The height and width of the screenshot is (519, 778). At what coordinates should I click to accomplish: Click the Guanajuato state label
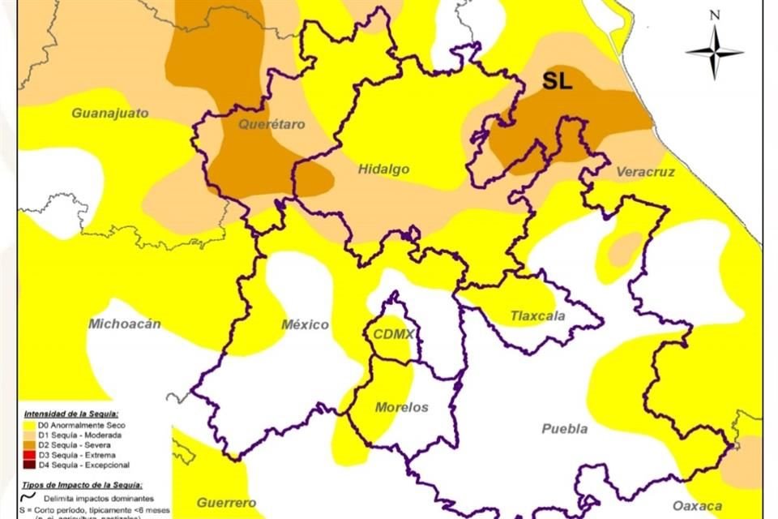[x=110, y=113]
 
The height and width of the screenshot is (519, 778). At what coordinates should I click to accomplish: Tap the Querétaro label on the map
[x=271, y=124]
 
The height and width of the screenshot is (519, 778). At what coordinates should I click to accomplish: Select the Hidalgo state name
[x=383, y=169]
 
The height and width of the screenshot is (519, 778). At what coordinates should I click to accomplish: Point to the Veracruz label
[x=645, y=172]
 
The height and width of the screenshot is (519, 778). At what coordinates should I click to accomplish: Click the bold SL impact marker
[x=557, y=81]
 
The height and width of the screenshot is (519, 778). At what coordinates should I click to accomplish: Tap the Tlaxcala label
[x=538, y=315]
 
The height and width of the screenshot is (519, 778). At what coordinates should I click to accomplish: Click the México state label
[x=305, y=324]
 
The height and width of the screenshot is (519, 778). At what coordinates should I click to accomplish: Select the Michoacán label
[x=124, y=324]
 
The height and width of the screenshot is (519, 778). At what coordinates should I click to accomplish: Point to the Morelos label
[x=401, y=407]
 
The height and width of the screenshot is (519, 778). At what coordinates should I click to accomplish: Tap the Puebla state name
[x=565, y=429]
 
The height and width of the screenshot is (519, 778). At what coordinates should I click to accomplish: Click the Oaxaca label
[x=697, y=506]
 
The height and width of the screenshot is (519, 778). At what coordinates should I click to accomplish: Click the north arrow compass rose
[x=714, y=49]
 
